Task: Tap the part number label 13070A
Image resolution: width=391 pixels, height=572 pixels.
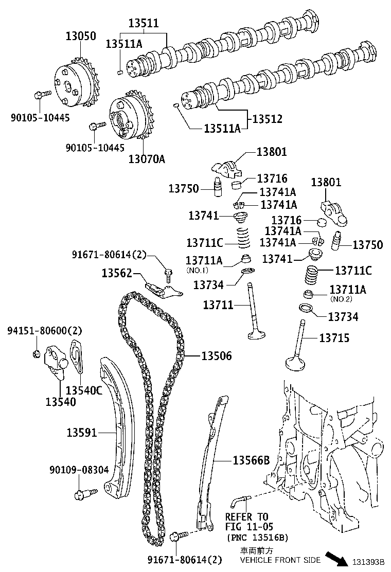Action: (147, 159)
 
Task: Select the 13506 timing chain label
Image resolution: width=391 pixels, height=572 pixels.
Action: (216, 356)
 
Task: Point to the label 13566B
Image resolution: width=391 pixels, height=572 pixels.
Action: (251, 460)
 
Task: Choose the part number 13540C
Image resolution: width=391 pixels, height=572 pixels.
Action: (84, 390)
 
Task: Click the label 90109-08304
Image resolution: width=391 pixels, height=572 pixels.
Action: (79, 470)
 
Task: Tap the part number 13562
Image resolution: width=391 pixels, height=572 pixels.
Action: (117, 273)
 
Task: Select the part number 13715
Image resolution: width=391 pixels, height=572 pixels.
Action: (334, 338)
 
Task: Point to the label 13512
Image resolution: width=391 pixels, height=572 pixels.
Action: (267, 119)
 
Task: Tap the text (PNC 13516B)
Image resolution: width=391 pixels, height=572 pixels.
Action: (257, 538)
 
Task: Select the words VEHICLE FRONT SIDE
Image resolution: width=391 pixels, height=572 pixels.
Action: (280, 560)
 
